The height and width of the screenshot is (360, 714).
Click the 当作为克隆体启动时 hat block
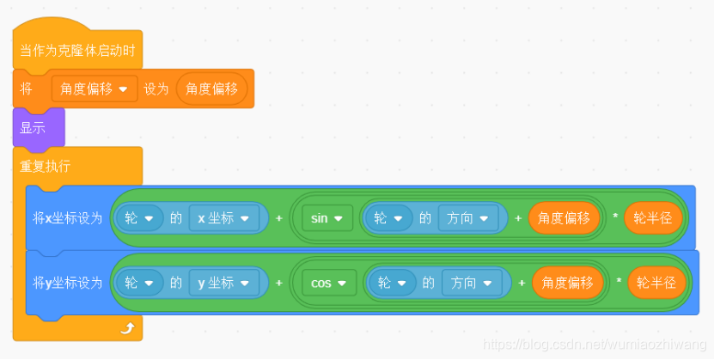[77, 51]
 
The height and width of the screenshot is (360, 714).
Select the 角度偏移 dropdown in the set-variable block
[95, 88]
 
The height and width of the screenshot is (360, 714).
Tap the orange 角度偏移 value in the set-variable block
[211, 88]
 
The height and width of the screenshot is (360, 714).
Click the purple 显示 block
[34, 127]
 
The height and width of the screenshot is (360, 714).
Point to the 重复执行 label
[46, 166]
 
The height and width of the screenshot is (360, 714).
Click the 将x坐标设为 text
[68, 218]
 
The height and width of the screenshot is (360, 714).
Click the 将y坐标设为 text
[68, 283]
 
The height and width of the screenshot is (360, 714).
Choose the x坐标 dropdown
[224, 218]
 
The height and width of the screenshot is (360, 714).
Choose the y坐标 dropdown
[224, 283]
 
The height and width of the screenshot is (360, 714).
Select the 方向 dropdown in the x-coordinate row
[469, 218]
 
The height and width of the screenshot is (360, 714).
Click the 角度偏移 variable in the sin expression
[564, 218]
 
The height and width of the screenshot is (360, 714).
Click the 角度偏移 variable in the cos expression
[567, 283]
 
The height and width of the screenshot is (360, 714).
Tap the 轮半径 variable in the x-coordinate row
[652, 218]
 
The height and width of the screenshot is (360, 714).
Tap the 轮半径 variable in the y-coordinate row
[656, 283]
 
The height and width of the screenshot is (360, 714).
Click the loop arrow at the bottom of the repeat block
[127, 327]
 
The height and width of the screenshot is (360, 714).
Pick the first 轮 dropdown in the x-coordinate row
[139, 218]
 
